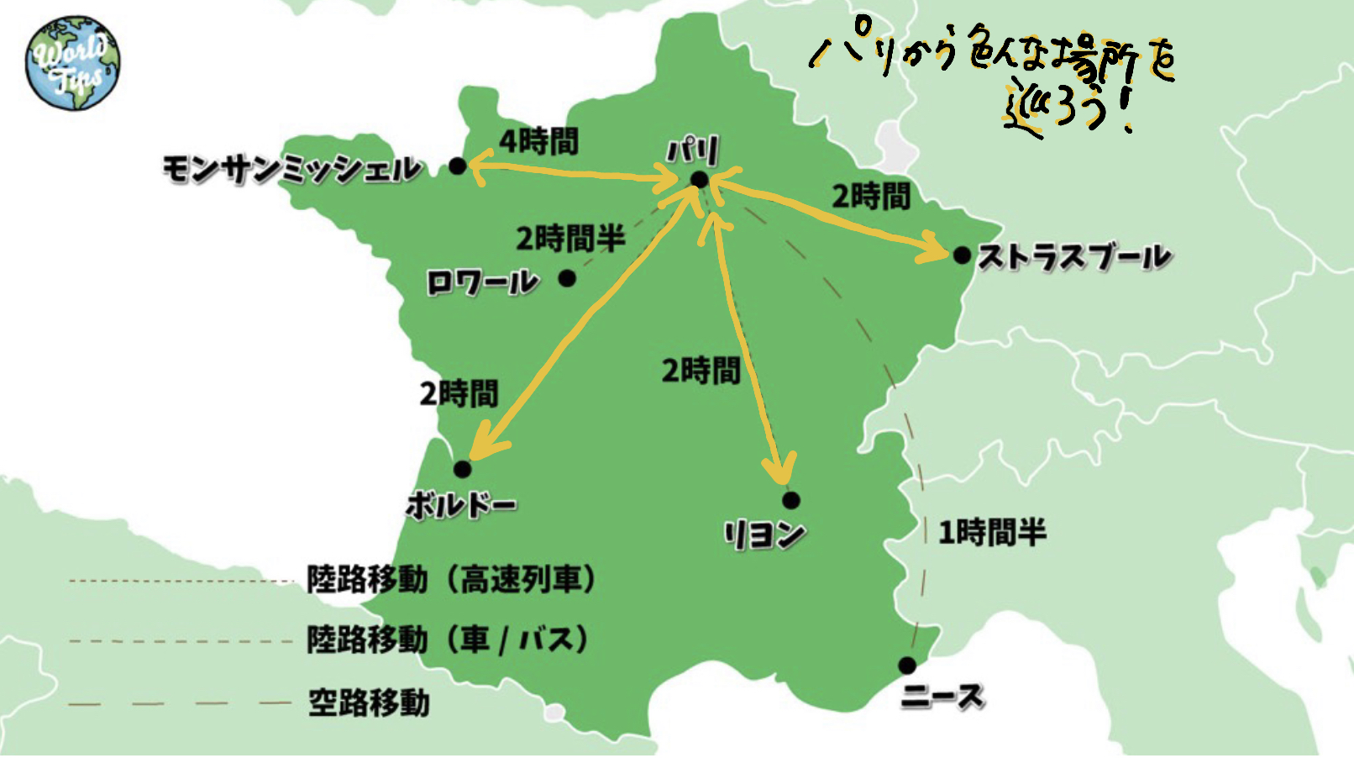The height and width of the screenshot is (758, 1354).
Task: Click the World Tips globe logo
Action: click(72, 64)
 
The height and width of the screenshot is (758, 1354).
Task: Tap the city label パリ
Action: click(694, 151)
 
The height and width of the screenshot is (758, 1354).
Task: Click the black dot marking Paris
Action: click(699, 180)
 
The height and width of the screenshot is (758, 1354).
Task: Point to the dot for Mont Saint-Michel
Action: click(457, 166)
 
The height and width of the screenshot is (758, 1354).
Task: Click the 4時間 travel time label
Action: click(538, 141)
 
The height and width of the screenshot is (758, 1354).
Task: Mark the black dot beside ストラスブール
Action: click(962, 255)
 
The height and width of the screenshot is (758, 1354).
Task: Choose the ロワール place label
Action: click(481, 282)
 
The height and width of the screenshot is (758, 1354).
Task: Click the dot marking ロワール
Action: click(568, 277)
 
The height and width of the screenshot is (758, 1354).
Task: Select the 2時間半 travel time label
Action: click(570, 239)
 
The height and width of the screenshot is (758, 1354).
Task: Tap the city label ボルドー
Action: click(460, 504)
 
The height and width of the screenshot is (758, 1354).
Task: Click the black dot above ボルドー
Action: click(462, 469)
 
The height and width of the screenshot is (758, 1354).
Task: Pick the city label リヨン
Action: click(764, 534)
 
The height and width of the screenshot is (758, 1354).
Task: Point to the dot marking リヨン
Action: click(790, 501)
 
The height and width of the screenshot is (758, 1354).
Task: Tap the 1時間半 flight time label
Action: click(992, 532)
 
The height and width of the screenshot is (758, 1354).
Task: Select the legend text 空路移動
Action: click(369, 703)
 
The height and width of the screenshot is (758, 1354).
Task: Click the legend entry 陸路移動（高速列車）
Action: click(452, 580)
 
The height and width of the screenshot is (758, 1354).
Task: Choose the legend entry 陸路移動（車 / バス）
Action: click(448, 640)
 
